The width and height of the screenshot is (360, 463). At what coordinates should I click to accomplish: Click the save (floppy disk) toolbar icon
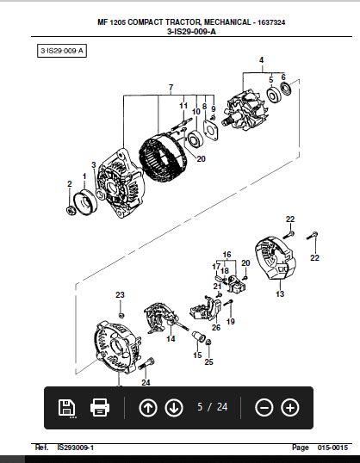click(67, 408)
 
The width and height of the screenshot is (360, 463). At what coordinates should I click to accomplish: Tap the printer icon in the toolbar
click(100, 408)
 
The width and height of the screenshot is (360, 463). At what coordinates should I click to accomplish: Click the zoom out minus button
click(264, 408)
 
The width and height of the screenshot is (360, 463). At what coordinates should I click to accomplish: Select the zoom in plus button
click(290, 408)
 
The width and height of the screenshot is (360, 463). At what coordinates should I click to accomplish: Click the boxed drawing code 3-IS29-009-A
click(62, 51)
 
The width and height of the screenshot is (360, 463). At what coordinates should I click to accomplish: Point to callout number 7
click(171, 88)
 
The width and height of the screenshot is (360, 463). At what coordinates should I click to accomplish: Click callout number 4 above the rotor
click(261, 60)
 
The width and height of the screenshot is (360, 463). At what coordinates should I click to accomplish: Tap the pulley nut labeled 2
click(71, 210)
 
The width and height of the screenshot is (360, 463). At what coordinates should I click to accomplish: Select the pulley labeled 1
click(85, 202)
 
